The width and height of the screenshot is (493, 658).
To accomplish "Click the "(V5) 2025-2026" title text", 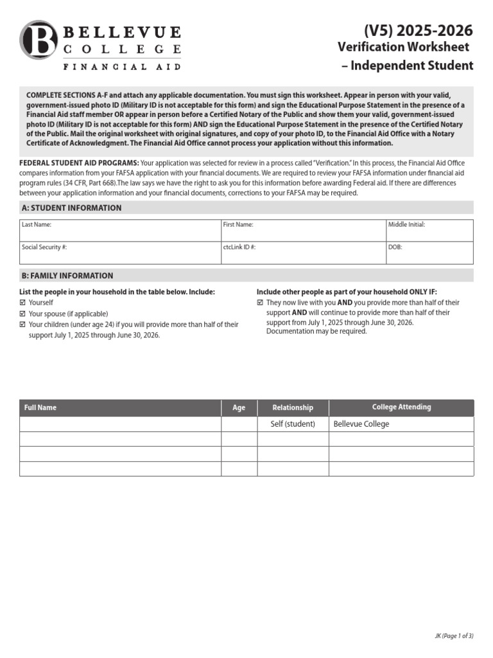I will coord(418,30).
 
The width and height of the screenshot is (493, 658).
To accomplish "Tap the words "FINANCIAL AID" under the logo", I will coord(121,66).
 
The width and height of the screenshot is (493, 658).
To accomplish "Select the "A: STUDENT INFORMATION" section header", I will coord(71,208).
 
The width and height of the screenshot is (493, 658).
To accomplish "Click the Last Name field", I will coord(119,230).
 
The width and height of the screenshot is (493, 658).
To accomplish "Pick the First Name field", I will coord(302,230).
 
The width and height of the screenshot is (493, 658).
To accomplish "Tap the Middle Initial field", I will coord(429,230).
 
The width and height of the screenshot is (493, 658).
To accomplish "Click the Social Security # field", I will coord(119,253).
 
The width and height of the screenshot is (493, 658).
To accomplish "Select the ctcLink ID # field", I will coord(302,253).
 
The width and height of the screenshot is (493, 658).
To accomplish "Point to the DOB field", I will coord(429,253).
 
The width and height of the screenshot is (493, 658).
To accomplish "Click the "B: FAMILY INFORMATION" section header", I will coord(67,276).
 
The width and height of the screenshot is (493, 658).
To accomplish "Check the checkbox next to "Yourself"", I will coord(23,303).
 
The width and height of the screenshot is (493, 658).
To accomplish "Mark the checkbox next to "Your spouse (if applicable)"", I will coord(23,314).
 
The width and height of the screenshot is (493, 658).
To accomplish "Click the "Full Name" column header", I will coord(40,407).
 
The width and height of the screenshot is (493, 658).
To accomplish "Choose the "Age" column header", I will coord(239,407).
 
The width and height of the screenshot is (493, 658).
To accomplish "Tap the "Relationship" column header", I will coord(293,407).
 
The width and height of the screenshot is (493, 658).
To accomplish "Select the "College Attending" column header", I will coord(401,407).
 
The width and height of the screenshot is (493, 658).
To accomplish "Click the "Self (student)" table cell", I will coord(293,424).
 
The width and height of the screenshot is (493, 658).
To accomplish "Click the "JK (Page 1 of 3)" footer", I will coord(453,636).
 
